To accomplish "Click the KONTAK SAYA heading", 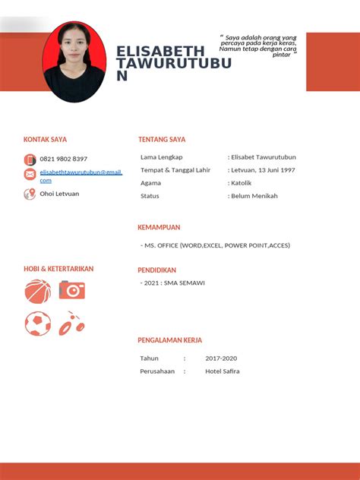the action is coord(45,140).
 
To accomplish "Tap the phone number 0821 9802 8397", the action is coord(63,159).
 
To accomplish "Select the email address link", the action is coord(81,175).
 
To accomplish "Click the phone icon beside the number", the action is coord(30,159).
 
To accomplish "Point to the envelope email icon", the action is coord(30,175).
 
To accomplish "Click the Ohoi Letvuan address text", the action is coord(59,194).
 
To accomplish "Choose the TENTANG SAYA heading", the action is coord(162,140).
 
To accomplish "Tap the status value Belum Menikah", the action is coord(254,196).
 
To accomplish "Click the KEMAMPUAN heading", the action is coord(159,227).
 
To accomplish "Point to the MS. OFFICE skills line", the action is coord(216,245).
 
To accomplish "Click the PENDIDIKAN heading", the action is coord(156,270).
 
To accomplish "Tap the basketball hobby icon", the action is coord(38,291).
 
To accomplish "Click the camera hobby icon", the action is coord(72,289).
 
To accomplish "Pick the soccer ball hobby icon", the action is coord(38,324).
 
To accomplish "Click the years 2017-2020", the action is coord(221,358).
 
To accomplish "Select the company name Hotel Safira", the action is coord(222,371).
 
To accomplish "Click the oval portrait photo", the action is coord(74,62).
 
